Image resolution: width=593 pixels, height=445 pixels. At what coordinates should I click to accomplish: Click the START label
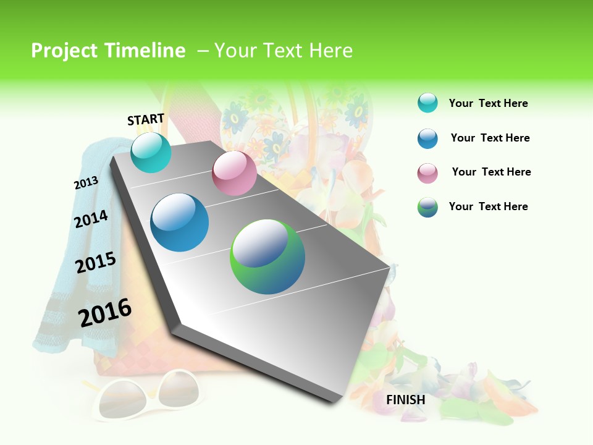(146, 119)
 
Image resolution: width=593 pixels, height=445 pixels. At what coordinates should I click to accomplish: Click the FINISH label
(405, 400)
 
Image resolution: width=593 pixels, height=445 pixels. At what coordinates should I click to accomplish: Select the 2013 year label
(86, 183)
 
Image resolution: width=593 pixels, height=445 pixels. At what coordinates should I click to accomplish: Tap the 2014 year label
(91, 219)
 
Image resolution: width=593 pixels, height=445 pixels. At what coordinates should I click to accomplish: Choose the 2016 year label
(105, 313)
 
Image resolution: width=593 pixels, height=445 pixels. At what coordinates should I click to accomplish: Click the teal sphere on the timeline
(151, 152)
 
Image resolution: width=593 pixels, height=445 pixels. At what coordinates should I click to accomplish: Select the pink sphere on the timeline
(234, 173)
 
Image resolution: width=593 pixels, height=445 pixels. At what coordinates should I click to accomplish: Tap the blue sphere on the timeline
(180, 222)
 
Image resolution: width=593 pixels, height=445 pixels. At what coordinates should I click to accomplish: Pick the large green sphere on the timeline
(267, 256)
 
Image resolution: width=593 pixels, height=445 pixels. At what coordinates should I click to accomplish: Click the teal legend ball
(427, 103)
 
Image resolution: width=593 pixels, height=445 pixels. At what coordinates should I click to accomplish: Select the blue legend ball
(427, 138)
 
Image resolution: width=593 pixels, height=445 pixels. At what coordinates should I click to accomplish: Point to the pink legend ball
(427, 173)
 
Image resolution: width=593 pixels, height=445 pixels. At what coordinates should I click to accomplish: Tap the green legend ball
(427, 207)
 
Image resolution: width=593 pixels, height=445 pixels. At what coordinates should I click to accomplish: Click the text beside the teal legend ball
(488, 103)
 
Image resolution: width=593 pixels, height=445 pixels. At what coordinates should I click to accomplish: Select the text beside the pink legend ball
(491, 172)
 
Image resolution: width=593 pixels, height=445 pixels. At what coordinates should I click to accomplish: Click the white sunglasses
(148, 396)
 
